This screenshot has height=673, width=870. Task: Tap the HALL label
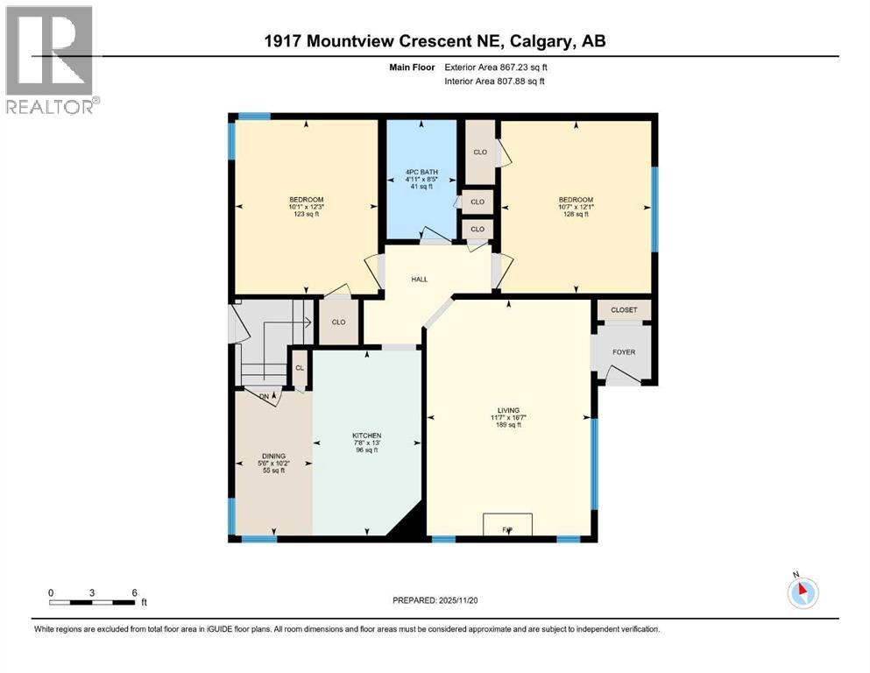click(420, 279)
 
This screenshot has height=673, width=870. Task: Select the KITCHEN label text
click(367, 436)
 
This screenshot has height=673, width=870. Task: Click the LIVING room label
click(508, 410)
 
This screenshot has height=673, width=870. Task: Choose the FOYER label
click(624, 352)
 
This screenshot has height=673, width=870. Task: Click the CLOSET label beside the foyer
click(624, 310)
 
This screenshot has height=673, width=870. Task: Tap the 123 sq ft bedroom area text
click(307, 215)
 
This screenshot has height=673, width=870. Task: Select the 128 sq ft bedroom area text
click(576, 215)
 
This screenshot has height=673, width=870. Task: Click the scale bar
click(92, 602)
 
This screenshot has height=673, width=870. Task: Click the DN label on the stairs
click(265, 396)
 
